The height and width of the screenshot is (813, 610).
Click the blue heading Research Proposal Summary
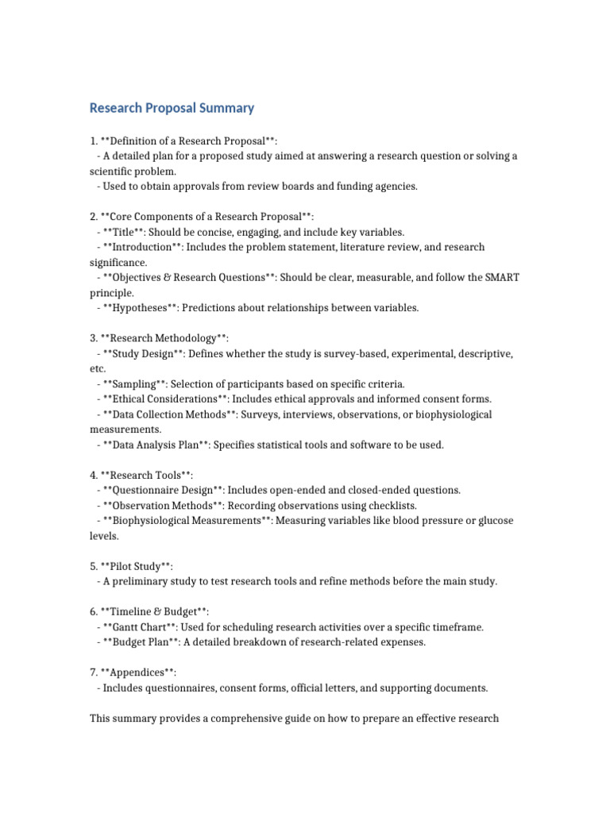(x=172, y=108)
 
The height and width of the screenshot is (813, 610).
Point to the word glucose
(x=492, y=521)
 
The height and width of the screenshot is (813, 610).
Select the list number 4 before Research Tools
(x=93, y=476)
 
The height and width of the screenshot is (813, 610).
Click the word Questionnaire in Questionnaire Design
(x=142, y=491)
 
